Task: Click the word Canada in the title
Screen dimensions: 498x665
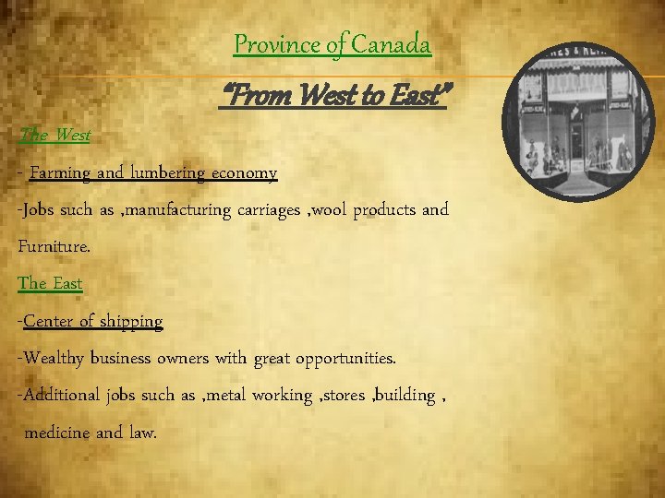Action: [x=397, y=43]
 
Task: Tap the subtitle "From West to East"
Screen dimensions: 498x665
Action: [x=332, y=93]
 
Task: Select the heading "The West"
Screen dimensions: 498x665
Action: [x=54, y=135]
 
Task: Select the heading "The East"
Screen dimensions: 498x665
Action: [x=50, y=283]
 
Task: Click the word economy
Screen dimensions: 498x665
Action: [x=244, y=172]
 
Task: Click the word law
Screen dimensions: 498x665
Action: [x=142, y=433]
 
